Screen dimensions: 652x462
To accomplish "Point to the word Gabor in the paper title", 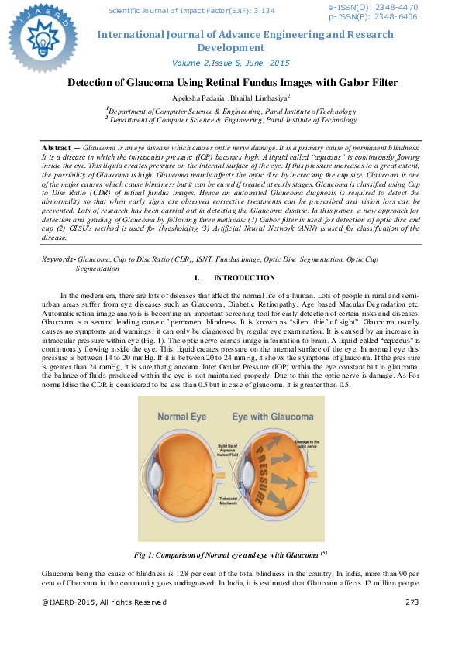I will [x=344, y=83].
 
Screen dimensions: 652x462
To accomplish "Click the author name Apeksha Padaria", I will [x=198, y=98].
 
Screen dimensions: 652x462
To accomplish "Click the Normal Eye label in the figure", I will [x=182, y=416].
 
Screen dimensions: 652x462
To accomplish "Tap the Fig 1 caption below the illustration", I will [x=231, y=554].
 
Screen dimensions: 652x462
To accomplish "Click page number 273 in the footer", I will [x=412, y=602].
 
